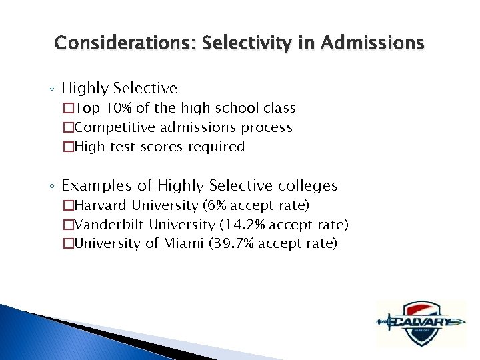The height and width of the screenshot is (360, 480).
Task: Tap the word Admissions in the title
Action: [372, 44]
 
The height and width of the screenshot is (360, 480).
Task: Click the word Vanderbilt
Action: [111, 225]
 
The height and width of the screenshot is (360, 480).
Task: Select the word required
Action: [218, 147]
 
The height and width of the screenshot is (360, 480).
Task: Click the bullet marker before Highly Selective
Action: [53, 89]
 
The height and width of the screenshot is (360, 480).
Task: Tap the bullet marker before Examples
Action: [53, 186]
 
